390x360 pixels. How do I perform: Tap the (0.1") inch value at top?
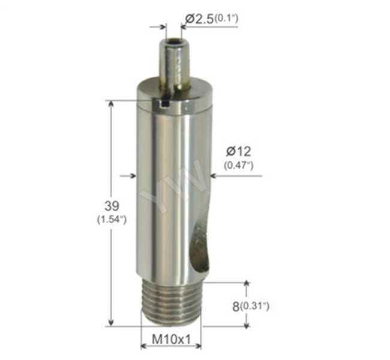click(x=227, y=19)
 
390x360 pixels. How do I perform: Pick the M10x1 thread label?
click(x=171, y=339)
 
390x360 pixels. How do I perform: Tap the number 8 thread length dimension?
click(x=238, y=306)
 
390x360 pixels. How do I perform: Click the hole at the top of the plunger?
click(x=175, y=43)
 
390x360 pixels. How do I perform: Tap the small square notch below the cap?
click(x=166, y=106)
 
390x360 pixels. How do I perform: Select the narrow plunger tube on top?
click(x=175, y=63)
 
